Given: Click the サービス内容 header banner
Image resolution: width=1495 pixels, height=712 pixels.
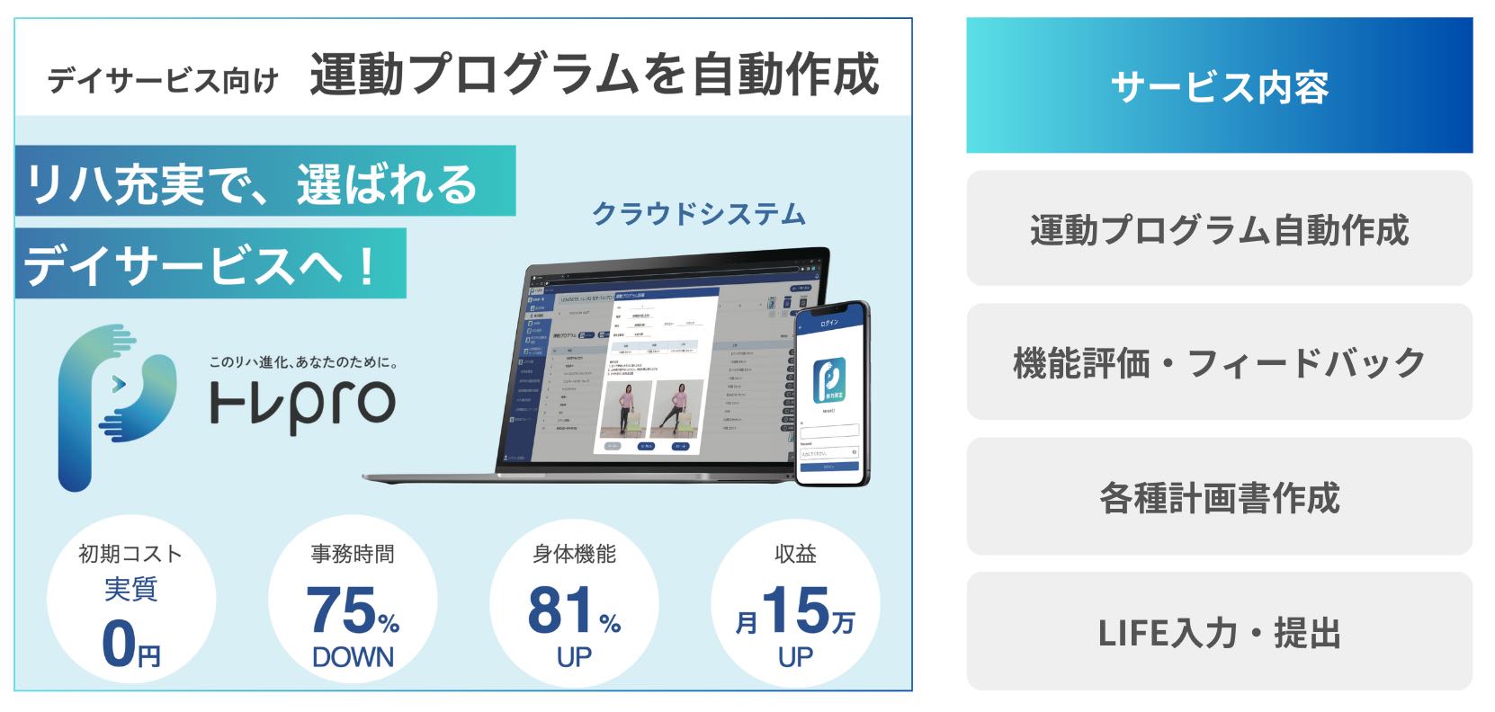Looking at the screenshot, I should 1219,86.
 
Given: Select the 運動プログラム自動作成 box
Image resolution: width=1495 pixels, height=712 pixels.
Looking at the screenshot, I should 1219,229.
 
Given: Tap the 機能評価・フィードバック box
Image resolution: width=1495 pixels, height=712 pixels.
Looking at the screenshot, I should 1219,362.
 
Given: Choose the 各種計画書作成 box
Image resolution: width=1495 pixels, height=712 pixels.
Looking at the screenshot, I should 1219,497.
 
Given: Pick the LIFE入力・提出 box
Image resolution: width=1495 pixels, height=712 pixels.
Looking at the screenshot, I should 1219,632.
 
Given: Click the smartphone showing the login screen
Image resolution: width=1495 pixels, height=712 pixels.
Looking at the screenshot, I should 832,394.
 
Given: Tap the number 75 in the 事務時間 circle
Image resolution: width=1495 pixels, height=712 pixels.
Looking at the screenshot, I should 340,610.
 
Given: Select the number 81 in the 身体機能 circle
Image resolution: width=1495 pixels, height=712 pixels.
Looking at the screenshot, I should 561,610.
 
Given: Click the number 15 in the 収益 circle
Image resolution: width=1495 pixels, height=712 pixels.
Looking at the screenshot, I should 795,610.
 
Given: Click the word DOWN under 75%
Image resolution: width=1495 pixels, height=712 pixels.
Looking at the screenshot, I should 353,657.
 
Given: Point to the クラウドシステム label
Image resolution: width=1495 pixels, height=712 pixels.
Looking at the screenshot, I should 698,214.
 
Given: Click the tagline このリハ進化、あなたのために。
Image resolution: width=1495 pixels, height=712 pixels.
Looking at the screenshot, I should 303,361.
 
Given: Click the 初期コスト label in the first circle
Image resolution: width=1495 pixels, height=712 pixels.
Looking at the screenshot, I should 131,554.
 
